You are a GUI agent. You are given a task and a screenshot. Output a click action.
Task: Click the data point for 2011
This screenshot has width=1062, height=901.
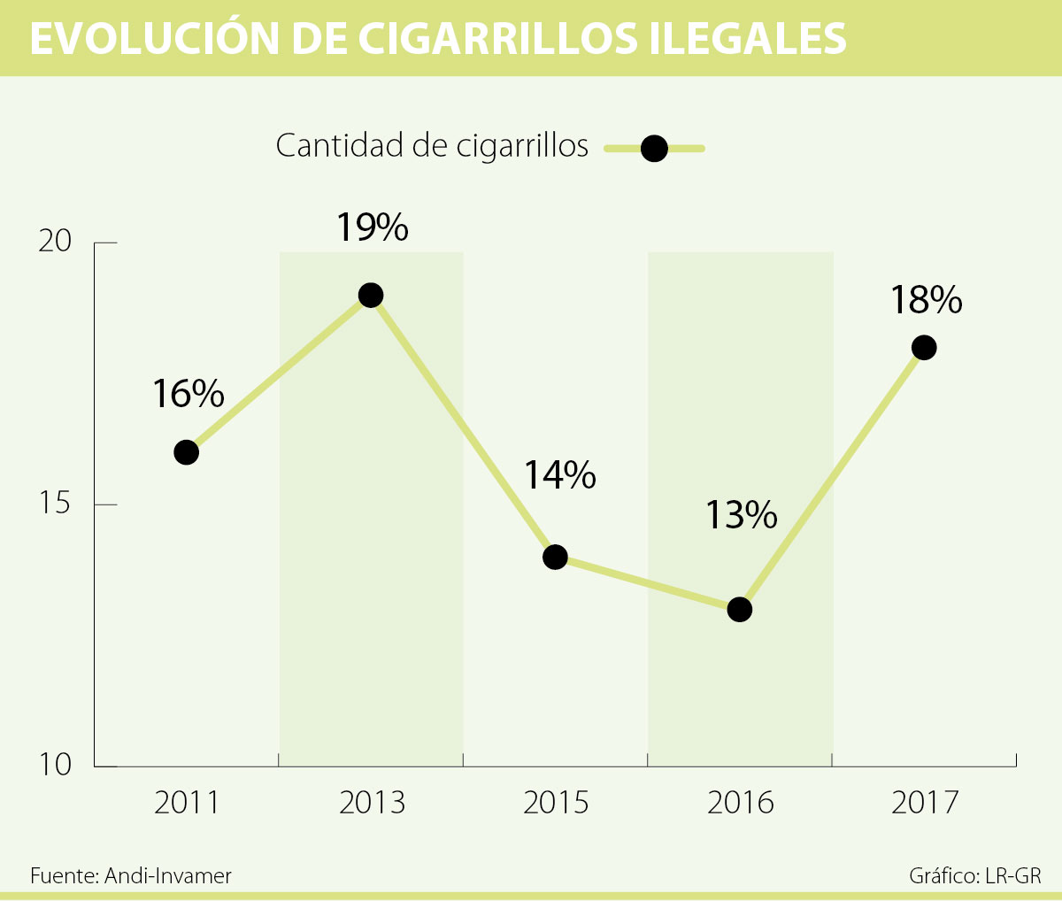click(x=186, y=452)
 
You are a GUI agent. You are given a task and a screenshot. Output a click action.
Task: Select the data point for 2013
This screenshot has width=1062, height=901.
click(x=371, y=295)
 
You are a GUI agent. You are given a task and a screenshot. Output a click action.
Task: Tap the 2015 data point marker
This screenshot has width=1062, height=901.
click(x=555, y=557)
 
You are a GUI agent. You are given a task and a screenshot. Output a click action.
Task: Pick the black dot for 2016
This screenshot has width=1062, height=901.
click(x=739, y=609)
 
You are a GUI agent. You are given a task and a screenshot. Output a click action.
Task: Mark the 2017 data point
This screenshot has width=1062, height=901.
click(x=923, y=347)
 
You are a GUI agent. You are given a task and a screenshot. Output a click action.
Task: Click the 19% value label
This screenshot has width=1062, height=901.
click(x=372, y=227)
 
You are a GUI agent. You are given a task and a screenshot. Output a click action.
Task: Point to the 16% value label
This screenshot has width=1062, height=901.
click(x=188, y=394)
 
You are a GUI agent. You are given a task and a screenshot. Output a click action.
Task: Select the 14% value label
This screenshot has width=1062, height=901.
click(x=559, y=475)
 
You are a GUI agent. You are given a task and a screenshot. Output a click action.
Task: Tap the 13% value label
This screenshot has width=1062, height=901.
click(x=741, y=514)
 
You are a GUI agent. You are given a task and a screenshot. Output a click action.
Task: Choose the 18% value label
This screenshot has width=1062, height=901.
click(x=926, y=300)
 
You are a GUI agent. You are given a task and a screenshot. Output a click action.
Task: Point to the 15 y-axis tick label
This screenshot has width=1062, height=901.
click(x=54, y=504)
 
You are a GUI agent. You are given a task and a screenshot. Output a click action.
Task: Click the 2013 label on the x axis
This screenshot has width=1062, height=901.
click(x=372, y=803)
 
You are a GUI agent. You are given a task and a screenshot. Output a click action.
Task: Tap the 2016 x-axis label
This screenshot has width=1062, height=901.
click(x=740, y=803)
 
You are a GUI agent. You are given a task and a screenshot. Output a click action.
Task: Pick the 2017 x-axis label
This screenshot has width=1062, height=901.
click(x=924, y=803)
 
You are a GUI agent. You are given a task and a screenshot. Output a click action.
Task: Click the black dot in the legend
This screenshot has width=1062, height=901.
click(x=653, y=149)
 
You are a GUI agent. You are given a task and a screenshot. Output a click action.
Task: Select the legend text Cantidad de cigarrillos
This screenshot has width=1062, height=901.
click(x=432, y=146)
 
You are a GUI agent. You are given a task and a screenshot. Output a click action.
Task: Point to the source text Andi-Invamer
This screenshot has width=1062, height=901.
click(x=167, y=876)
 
